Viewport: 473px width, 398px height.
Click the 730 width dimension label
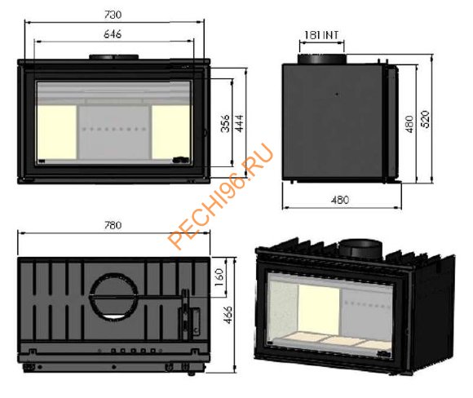(113, 15)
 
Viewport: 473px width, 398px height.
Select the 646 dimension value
(113, 34)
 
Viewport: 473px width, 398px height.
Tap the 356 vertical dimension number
(225, 123)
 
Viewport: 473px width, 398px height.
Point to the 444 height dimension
(240, 123)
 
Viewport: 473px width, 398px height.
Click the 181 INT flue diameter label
(321, 35)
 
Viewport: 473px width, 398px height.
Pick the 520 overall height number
(425, 120)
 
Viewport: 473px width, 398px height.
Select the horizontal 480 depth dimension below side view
(340, 200)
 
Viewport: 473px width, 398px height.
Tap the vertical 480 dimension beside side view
(409, 124)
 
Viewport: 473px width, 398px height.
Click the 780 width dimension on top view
(113, 225)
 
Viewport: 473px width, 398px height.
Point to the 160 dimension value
(220, 277)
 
